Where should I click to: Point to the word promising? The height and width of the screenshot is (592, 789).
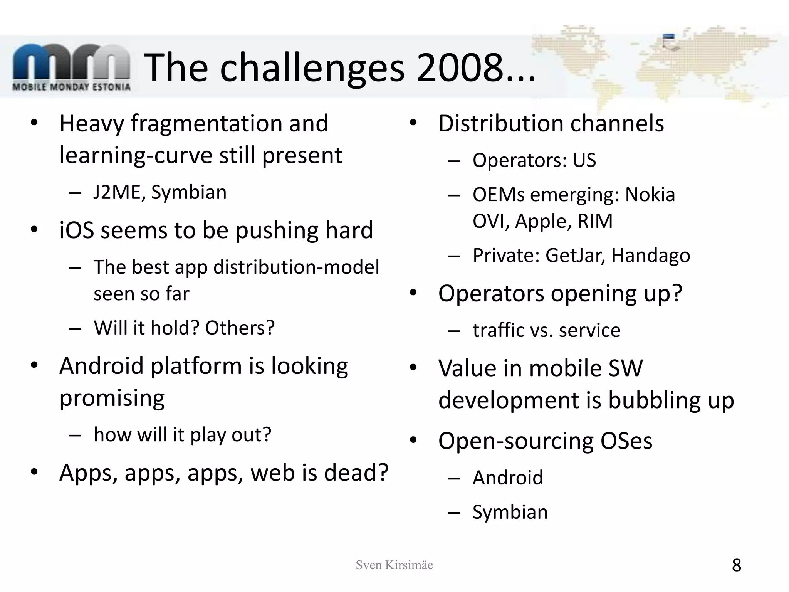[112, 398]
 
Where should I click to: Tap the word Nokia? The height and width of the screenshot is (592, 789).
[650, 195]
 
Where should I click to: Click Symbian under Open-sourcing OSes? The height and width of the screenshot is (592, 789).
[510, 512]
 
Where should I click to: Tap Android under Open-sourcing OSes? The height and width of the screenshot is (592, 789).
[508, 478]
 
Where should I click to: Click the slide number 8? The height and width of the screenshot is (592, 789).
[736, 565]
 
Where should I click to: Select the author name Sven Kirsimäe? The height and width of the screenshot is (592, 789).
[394, 565]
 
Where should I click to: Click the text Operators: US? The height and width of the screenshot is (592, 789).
[534, 160]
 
